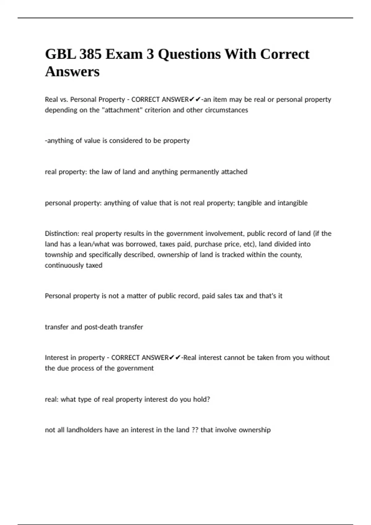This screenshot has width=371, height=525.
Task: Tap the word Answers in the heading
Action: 72,72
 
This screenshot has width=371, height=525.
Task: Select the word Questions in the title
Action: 190,54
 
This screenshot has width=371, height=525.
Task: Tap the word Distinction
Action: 62,233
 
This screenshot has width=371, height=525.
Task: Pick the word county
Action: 292,255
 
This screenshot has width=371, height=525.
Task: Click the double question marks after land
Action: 195,430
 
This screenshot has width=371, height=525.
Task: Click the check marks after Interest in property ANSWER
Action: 175,358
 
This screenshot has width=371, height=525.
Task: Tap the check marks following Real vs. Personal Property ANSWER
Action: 195,99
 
